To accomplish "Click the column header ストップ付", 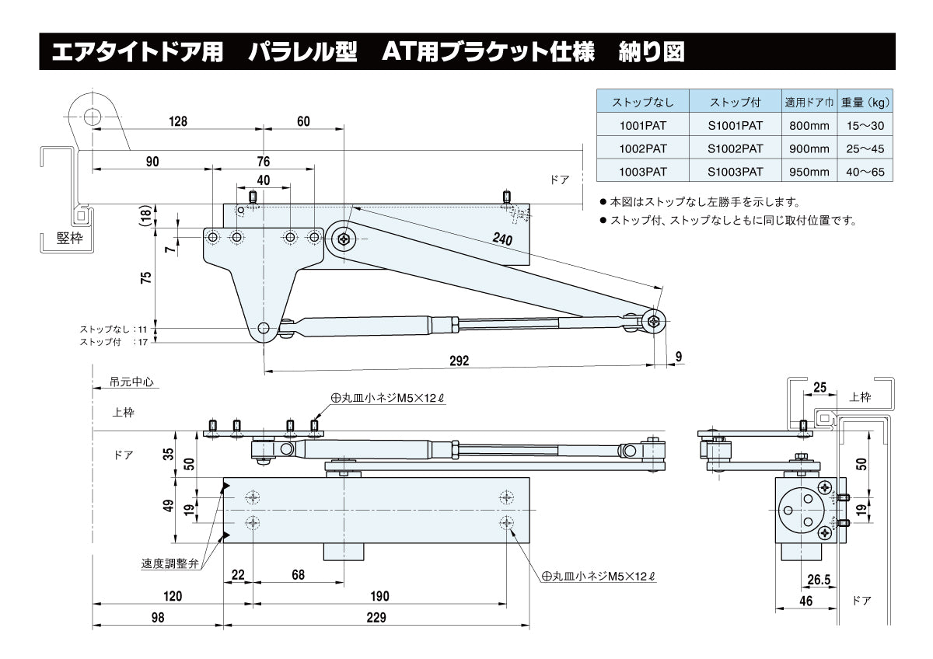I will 735,102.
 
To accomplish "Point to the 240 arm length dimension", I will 501,240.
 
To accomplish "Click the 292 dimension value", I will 460,361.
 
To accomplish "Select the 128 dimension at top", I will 178,121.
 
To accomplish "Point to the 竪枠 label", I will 68,239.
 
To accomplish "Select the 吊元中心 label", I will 132,382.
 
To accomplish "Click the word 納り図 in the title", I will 651,52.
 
